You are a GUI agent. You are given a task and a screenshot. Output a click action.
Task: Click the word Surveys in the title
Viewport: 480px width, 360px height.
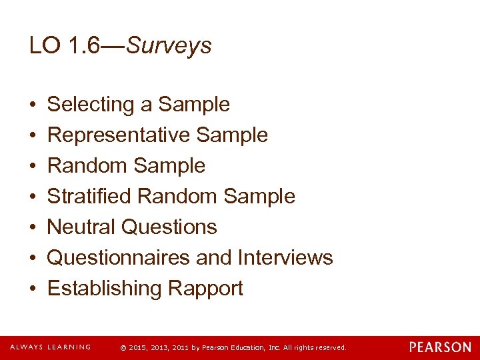(169, 46)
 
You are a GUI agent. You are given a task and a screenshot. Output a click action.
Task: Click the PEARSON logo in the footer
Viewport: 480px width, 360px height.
(440, 347)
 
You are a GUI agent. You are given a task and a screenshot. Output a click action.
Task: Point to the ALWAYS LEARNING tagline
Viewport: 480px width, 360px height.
(50, 347)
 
